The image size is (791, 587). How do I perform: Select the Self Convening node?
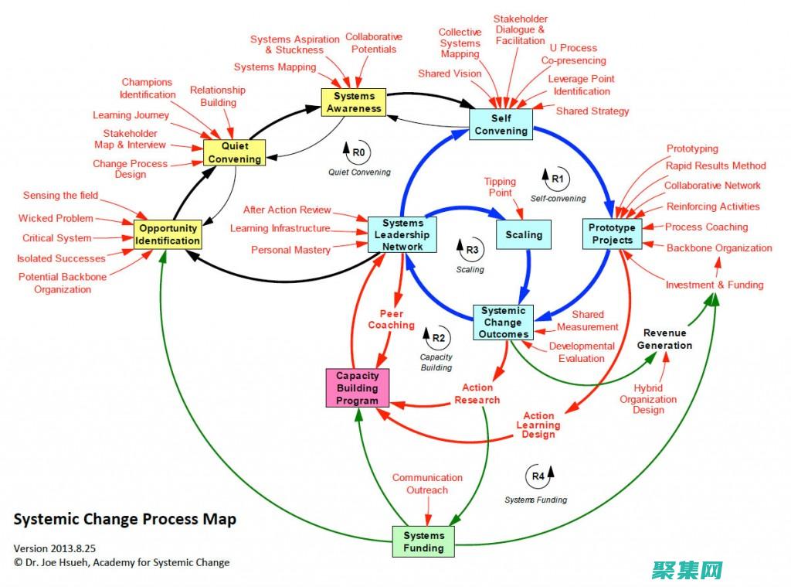point(501,125)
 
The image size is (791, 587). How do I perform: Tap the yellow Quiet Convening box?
point(236,152)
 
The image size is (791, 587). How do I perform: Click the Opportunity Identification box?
point(168,234)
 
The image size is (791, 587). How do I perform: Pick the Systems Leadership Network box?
point(402,234)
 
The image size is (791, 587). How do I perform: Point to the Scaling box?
point(524,234)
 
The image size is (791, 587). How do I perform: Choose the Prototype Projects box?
point(611,234)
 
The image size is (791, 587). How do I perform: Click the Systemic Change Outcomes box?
point(503,323)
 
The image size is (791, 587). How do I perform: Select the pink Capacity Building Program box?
point(357,388)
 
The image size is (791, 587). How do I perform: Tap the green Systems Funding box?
point(423,541)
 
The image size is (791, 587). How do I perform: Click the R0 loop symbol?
point(358,153)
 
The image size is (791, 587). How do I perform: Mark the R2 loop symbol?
point(436,336)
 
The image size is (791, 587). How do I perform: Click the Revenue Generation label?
point(664,339)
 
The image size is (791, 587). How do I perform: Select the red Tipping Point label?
point(500,187)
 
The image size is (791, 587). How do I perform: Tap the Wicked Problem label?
point(56,218)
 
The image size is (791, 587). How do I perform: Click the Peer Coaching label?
point(391,319)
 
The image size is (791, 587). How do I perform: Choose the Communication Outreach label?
point(427,483)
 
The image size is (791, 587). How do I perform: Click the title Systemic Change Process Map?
point(125,519)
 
